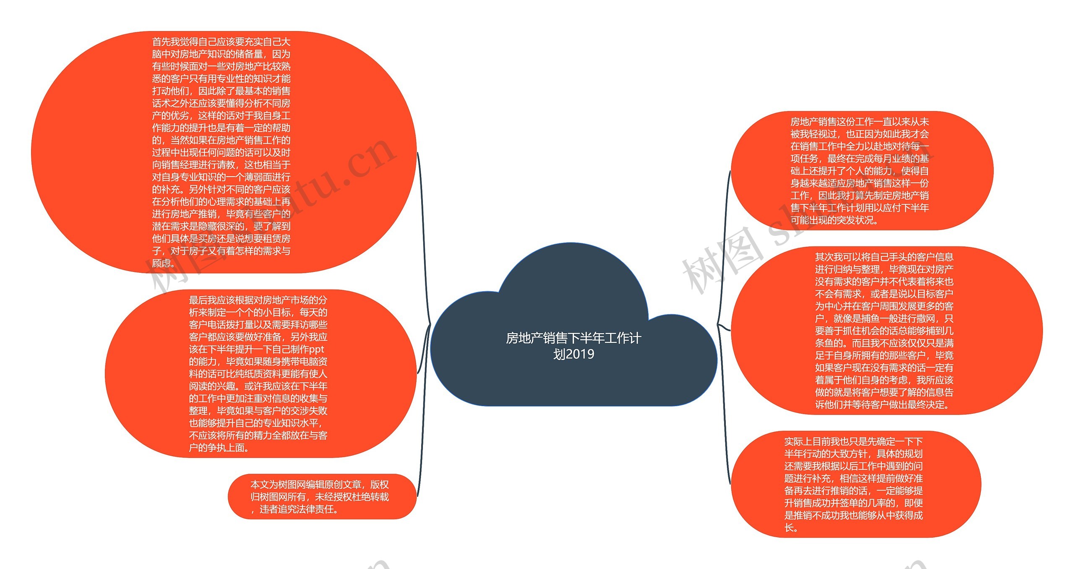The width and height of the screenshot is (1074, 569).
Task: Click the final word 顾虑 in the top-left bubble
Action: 162,264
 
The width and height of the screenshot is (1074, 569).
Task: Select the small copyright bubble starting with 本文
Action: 322,497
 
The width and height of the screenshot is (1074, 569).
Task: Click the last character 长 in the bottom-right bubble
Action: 789,528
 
